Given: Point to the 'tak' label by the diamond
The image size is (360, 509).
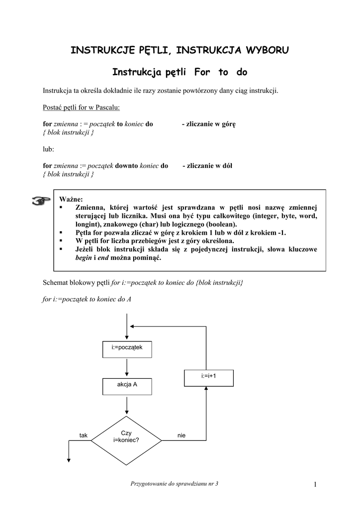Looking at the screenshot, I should point(83,435).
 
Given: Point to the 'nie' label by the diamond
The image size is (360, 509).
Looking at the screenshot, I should point(181,435).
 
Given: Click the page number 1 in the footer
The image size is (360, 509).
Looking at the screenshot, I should point(315,484).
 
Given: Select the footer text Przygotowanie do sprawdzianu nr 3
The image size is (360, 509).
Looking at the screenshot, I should point(174,484).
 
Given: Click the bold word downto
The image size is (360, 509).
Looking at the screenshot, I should point(127,166).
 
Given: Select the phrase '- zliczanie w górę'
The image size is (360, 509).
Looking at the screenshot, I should point(208,124).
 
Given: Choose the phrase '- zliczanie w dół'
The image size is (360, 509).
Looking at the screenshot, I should point(207,166).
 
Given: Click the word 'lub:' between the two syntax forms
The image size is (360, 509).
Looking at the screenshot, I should point(49,149).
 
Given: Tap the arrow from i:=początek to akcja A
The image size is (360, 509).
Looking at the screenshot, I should point(127,368).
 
